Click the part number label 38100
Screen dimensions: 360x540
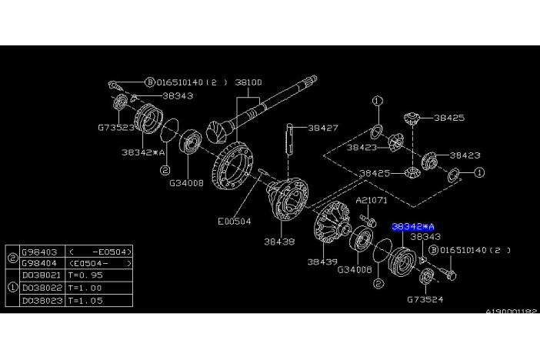(x=248, y=81)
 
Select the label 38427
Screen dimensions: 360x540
(x=323, y=128)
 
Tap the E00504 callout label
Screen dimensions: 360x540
(x=235, y=221)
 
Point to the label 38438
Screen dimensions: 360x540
(x=279, y=241)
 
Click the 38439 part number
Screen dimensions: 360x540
(x=322, y=262)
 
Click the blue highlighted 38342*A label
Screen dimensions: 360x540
(x=413, y=227)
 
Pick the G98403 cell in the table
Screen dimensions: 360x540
(x=38, y=251)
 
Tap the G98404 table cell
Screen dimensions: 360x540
(x=38, y=262)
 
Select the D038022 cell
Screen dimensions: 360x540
(x=38, y=287)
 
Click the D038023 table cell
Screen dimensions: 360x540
(x=38, y=299)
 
